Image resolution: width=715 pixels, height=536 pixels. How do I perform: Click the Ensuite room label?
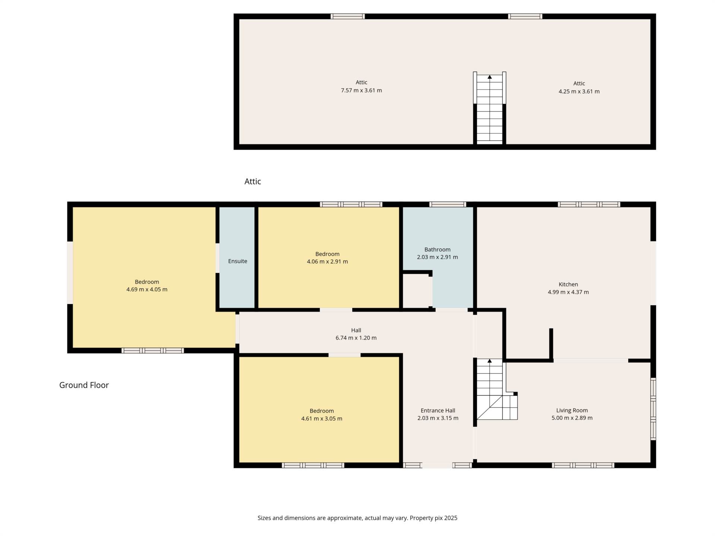(x=238, y=261)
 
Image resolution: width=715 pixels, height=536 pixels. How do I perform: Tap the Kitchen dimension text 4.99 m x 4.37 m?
(x=568, y=292)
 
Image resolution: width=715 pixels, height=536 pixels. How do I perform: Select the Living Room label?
(x=572, y=411)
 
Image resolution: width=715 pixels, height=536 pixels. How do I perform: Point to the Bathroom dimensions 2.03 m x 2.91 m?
(x=438, y=257)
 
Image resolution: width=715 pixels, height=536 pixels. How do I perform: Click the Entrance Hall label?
(x=438, y=411)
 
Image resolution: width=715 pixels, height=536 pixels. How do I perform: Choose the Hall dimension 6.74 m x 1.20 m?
(x=356, y=338)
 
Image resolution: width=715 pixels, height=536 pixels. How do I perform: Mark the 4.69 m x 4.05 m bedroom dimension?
(x=147, y=290)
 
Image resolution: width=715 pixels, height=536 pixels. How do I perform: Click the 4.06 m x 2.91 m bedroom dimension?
(x=327, y=262)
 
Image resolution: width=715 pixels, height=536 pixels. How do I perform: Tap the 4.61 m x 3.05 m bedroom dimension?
(x=322, y=419)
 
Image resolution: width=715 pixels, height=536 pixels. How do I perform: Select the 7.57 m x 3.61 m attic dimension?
(x=362, y=90)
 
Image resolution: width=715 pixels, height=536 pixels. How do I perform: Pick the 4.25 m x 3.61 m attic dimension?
(x=579, y=92)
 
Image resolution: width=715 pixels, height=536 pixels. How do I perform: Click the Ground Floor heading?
(x=84, y=385)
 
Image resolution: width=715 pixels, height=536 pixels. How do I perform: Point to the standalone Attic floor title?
(x=253, y=182)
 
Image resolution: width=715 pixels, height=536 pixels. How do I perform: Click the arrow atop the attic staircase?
(x=490, y=77)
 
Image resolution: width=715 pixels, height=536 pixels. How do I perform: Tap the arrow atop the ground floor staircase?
(x=490, y=361)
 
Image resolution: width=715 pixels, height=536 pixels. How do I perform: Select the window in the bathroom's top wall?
(x=448, y=204)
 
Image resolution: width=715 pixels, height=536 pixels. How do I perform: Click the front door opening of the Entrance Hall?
(x=437, y=465)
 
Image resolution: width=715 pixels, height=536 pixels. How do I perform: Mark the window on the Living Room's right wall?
(x=653, y=409)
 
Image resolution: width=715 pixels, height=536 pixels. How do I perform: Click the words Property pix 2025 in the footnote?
(x=433, y=518)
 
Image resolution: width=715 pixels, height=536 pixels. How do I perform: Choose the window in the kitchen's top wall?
(x=589, y=204)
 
